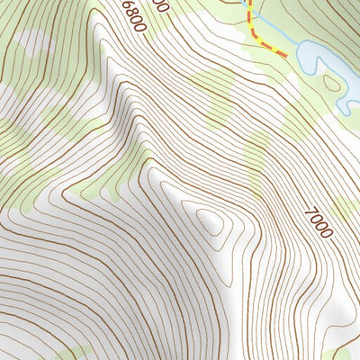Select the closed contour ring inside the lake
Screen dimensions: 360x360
tap(333, 84)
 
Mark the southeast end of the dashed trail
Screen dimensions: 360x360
tap(285, 55)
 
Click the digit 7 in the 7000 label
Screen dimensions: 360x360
tap(310, 212)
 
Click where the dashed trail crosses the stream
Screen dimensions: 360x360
tap(251, 13)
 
